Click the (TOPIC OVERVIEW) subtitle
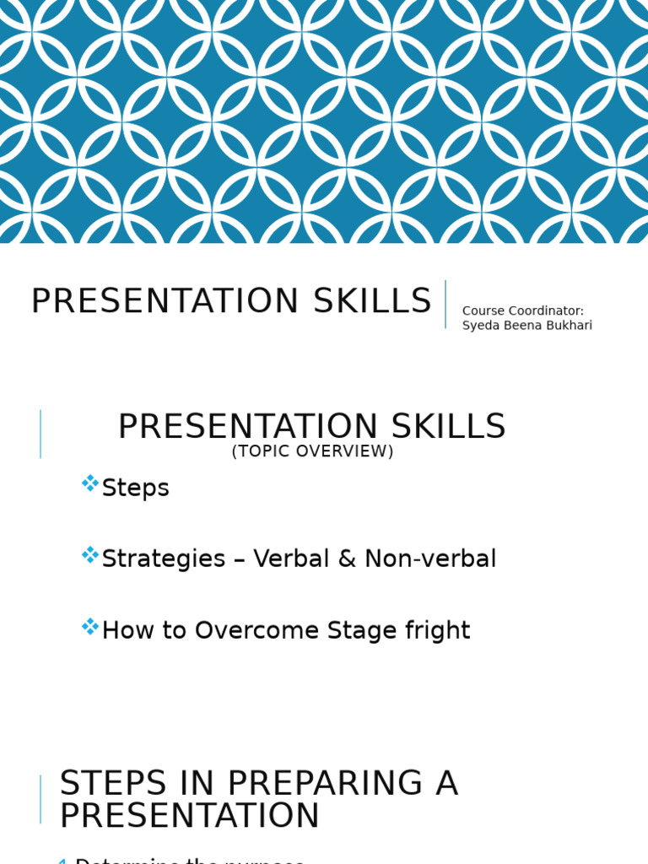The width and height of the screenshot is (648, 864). [x=312, y=451]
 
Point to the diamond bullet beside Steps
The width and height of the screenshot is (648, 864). [x=90, y=483]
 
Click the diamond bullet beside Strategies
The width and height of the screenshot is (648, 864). [x=90, y=555]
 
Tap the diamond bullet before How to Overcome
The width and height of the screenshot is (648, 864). [x=90, y=627]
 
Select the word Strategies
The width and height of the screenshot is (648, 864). [x=164, y=559]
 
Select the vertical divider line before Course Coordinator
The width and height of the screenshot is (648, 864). [x=445, y=304]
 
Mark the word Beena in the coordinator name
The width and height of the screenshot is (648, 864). [x=520, y=326]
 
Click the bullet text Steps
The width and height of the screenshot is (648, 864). [x=135, y=488]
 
